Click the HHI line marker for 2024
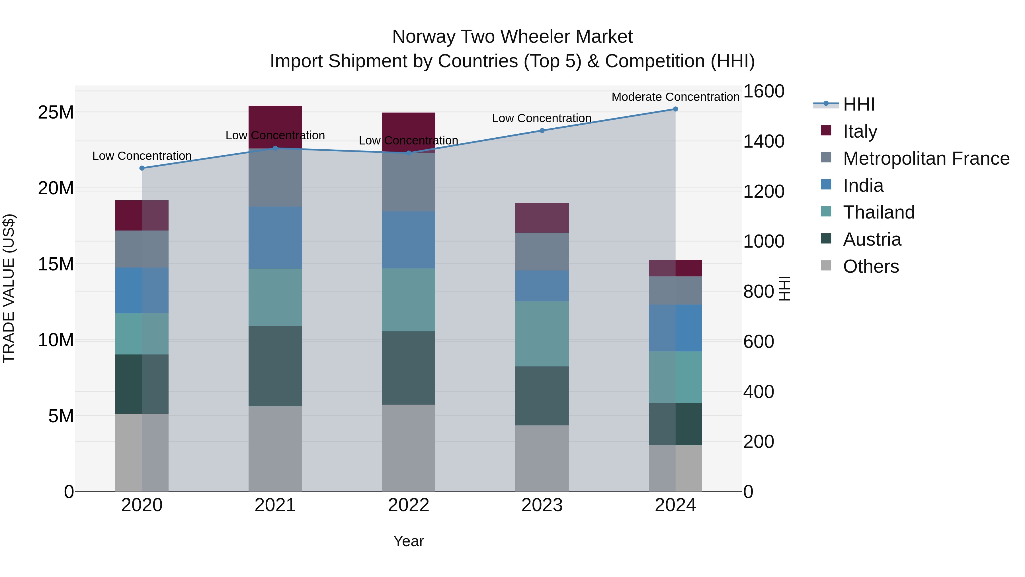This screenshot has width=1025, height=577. (675, 109)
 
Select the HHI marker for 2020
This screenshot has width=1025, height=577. (142, 168)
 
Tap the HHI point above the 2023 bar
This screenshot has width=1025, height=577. (542, 131)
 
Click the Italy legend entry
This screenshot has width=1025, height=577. (860, 131)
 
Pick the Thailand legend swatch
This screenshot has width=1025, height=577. (826, 212)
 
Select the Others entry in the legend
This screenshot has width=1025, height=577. (871, 266)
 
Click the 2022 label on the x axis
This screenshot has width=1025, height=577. (408, 505)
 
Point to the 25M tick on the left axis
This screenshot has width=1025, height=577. (56, 112)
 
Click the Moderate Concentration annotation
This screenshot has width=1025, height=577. (675, 97)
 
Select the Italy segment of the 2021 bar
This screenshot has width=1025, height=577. (275, 127)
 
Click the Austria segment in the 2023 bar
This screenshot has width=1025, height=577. (542, 396)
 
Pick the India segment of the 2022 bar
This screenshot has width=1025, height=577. (409, 240)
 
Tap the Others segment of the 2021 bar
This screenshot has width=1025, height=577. (275, 449)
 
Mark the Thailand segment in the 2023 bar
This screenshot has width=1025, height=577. (542, 334)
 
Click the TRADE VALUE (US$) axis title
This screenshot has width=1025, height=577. (9, 288)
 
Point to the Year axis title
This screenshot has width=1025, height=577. (409, 541)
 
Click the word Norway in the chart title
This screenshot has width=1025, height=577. (423, 37)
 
